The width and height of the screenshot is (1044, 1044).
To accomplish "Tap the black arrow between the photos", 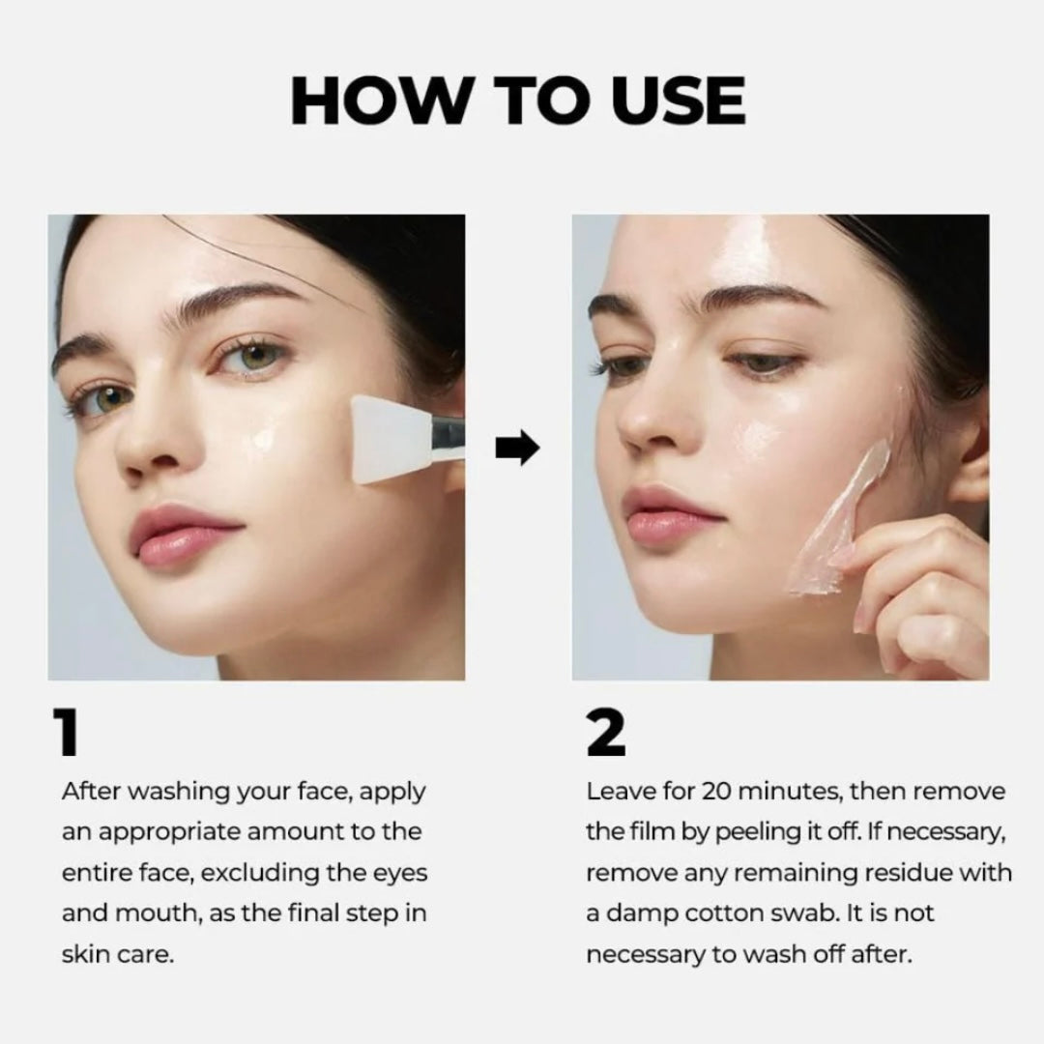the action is tap(517, 448).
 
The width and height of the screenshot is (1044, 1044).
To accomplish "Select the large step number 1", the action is tap(67, 733).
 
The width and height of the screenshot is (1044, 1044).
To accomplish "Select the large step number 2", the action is tap(606, 733).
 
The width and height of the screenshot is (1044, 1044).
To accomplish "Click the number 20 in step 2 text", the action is tap(715, 792).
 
